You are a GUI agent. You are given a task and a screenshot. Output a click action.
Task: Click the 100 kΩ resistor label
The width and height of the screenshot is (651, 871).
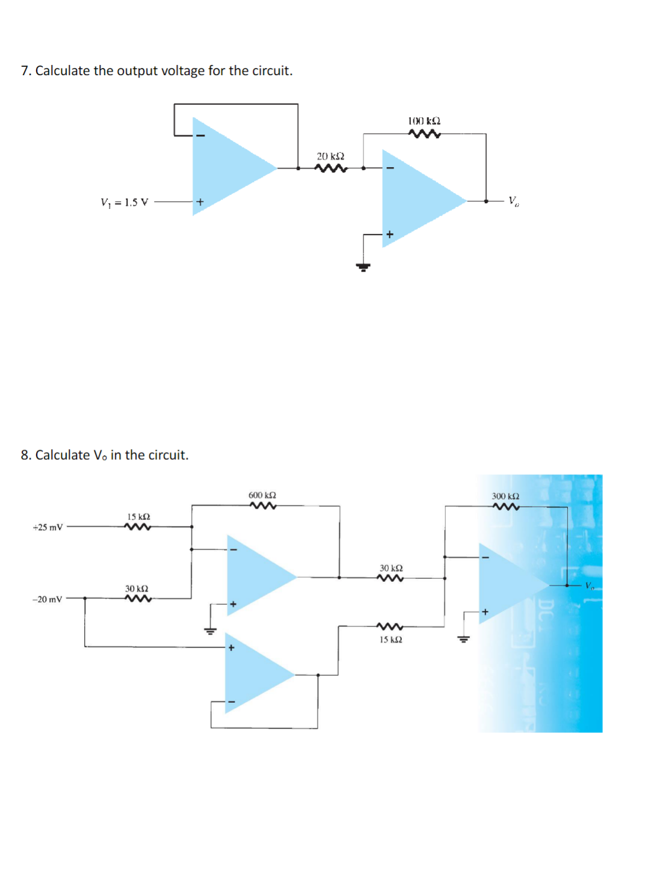click(424, 121)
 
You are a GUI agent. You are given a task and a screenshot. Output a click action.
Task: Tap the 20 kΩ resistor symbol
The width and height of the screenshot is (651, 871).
click(331, 168)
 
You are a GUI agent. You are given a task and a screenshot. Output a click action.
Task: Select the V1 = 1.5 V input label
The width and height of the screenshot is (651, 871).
click(124, 202)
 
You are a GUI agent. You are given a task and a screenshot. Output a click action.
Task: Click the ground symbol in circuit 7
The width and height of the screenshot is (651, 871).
click(363, 266)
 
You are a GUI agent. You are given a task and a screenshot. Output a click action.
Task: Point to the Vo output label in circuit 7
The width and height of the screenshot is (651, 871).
click(513, 201)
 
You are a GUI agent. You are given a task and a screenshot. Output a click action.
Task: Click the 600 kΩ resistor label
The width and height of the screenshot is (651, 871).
click(262, 495)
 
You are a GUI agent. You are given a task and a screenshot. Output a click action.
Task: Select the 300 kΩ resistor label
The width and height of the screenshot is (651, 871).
click(505, 496)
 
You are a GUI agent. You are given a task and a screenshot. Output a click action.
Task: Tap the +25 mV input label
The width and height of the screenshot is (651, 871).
click(48, 527)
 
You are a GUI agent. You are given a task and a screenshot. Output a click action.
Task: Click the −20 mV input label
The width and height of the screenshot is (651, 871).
click(47, 599)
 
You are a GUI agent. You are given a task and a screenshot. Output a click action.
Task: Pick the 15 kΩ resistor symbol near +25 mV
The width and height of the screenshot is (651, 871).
click(138, 527)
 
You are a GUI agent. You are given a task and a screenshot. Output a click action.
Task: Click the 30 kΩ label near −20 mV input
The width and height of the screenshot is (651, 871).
click(137, 588)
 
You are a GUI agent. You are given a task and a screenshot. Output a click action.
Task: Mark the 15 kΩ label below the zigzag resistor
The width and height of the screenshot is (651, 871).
click(390, 640)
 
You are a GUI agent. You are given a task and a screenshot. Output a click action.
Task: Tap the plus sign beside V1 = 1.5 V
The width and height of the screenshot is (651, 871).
click(200, 202)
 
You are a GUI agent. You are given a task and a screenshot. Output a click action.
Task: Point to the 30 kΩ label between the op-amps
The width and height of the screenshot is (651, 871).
click(391, 568)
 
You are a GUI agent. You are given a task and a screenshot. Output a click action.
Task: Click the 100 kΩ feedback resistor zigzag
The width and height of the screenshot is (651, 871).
click(424, 134)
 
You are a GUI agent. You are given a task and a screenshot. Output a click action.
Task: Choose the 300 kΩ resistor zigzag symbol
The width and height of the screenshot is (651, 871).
click(506, 507)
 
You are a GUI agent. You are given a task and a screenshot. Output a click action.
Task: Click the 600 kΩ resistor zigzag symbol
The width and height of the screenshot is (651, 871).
click(263, 506)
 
